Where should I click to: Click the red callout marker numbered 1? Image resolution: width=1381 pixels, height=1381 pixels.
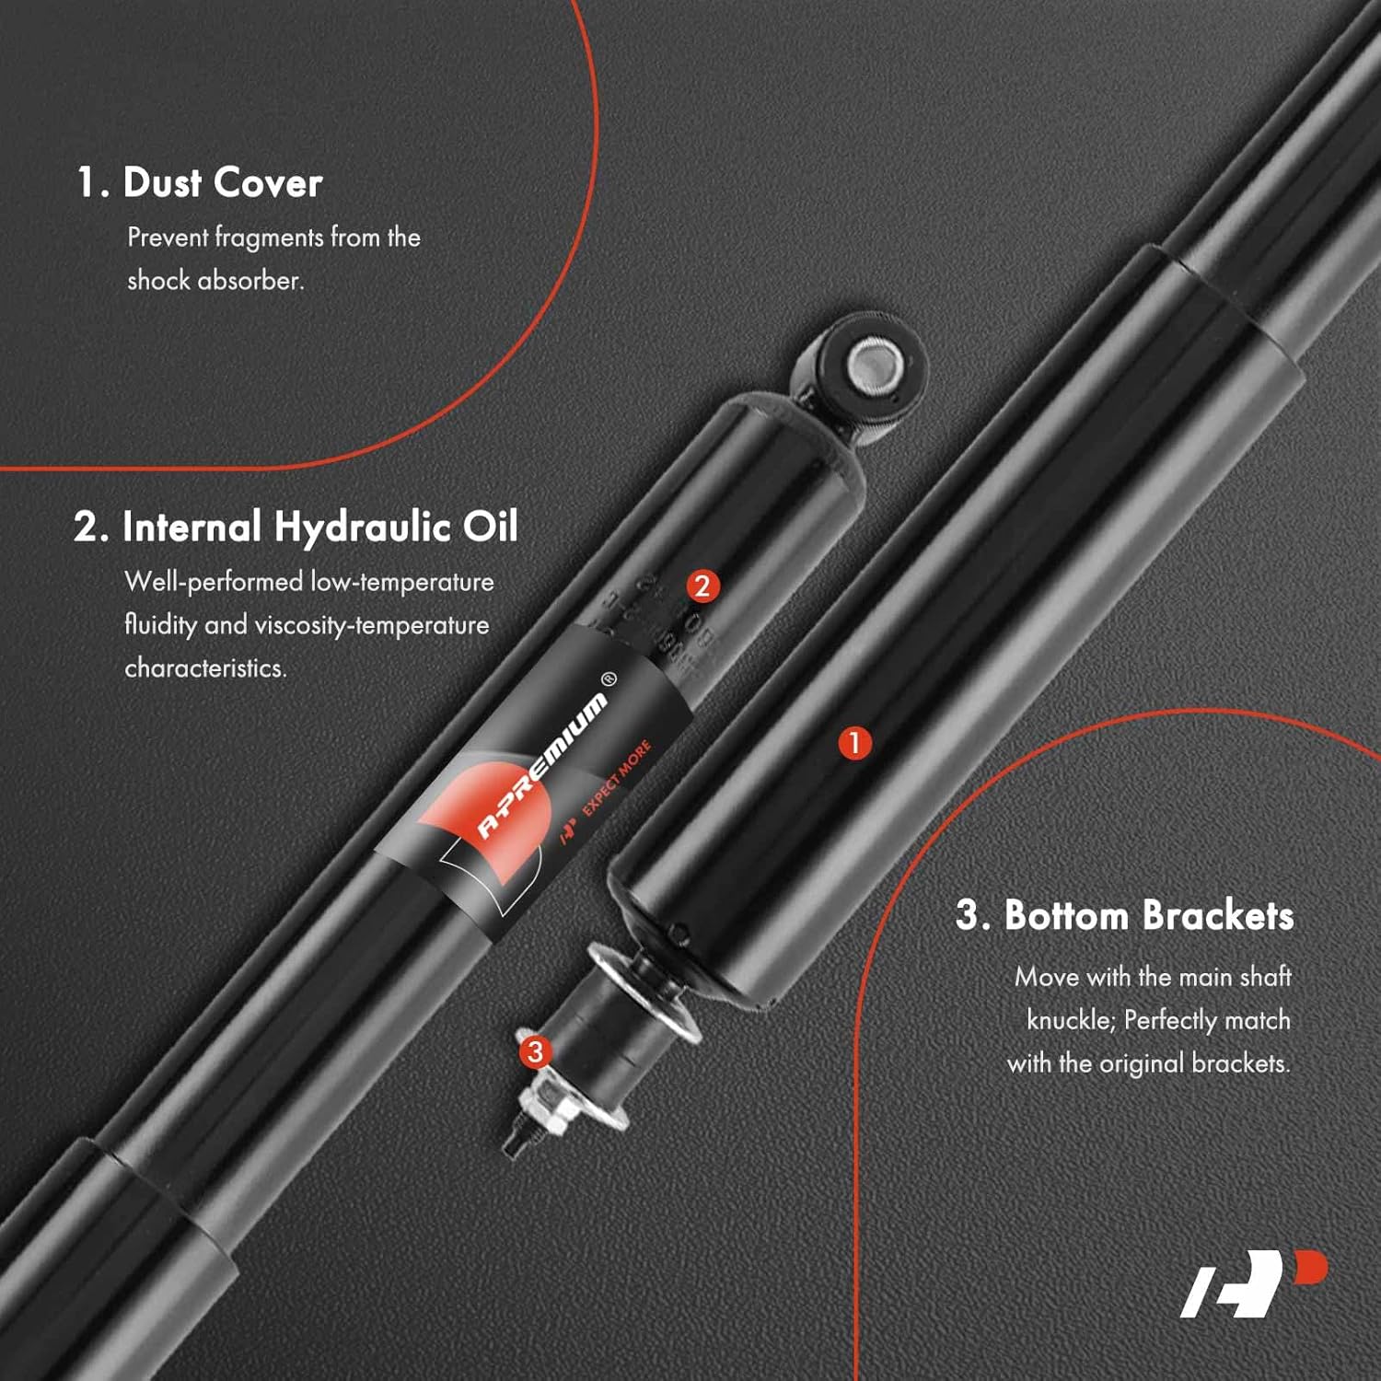pos(854,742)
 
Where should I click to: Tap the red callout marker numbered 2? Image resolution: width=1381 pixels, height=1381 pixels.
pos(702,586)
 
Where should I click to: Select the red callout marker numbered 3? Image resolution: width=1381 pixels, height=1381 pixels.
pos(535,1051)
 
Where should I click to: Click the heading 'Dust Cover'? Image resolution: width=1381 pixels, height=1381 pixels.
pos(222,182)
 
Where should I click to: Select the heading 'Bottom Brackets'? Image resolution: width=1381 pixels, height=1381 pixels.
pos(1148,916)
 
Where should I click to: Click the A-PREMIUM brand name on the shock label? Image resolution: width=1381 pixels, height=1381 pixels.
pos(542,766)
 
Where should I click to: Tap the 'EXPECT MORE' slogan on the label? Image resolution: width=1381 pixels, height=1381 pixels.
pos(617,777)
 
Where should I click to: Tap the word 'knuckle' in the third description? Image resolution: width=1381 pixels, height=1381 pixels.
pos(1069,1020)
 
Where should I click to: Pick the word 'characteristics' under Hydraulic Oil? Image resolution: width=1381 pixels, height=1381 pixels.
pos(205,667)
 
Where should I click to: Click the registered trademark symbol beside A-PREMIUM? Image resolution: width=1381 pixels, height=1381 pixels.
pos(609,679)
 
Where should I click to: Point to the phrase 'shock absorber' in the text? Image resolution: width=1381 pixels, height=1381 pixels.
pos(215,280)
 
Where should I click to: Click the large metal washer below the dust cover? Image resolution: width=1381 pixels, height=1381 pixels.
pos(644,990)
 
